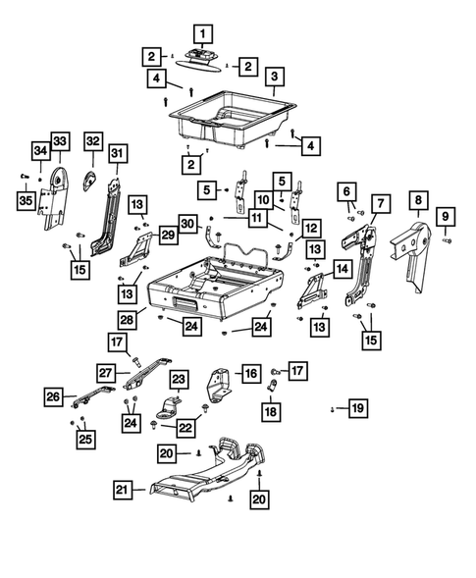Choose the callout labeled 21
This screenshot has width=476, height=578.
(121, 490)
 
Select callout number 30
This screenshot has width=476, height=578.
(188, 222)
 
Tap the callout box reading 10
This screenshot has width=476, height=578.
(264, 199)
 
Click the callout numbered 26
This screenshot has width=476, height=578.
(52, 396)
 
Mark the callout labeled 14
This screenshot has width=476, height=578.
(343, 267)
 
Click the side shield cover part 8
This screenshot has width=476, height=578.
(409, 245)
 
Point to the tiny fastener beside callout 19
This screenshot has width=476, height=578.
(333, 407)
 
